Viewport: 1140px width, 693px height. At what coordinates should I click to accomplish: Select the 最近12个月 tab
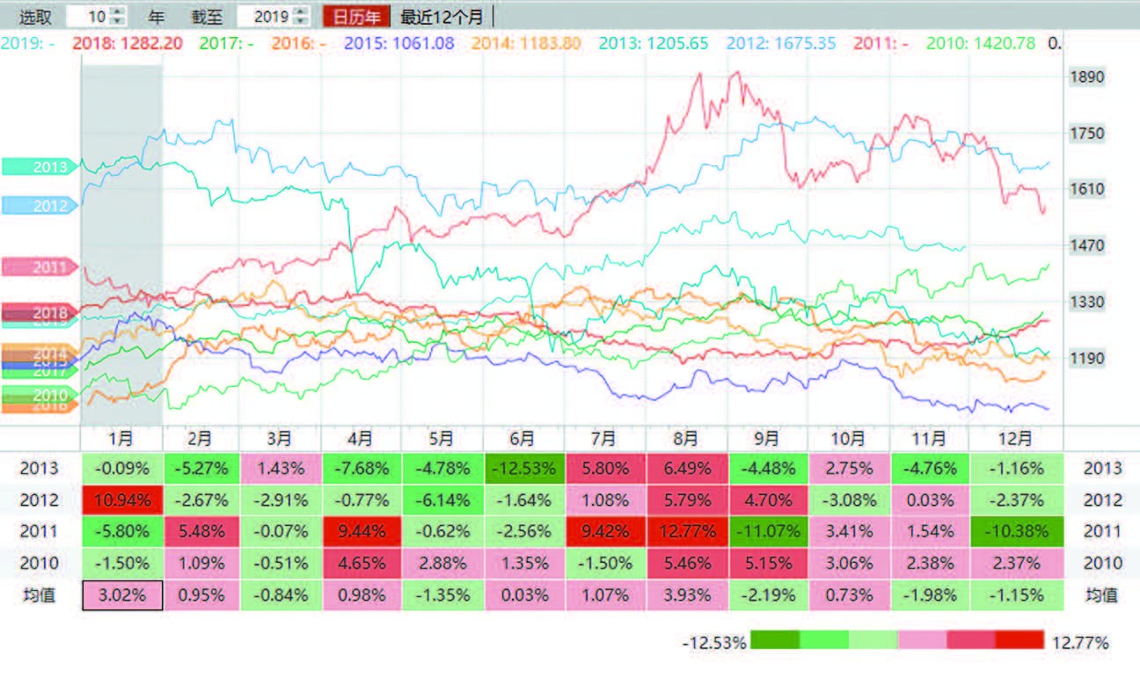[x=442, y=16]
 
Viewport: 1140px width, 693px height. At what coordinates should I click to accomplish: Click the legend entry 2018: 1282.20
[x=128, y=42]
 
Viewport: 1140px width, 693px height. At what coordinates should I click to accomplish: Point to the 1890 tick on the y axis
[x=1085, y=77]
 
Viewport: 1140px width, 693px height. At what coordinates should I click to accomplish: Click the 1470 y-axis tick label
[x=1085, y=245]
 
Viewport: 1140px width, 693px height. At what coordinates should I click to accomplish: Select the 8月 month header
[x=686, y=438]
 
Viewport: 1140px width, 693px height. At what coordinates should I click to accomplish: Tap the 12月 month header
[x=1010, y=438]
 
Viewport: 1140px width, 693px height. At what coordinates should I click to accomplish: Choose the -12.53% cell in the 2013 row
[x=524, y=469]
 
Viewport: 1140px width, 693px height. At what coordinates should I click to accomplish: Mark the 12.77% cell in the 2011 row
[x=686, y=532]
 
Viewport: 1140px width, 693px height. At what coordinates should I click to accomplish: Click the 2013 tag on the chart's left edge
[x=40, y=166]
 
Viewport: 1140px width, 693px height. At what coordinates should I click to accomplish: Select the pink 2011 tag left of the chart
[x=40, y=266]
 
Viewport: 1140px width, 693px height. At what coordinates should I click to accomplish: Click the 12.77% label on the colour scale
[x=1079, y=641]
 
